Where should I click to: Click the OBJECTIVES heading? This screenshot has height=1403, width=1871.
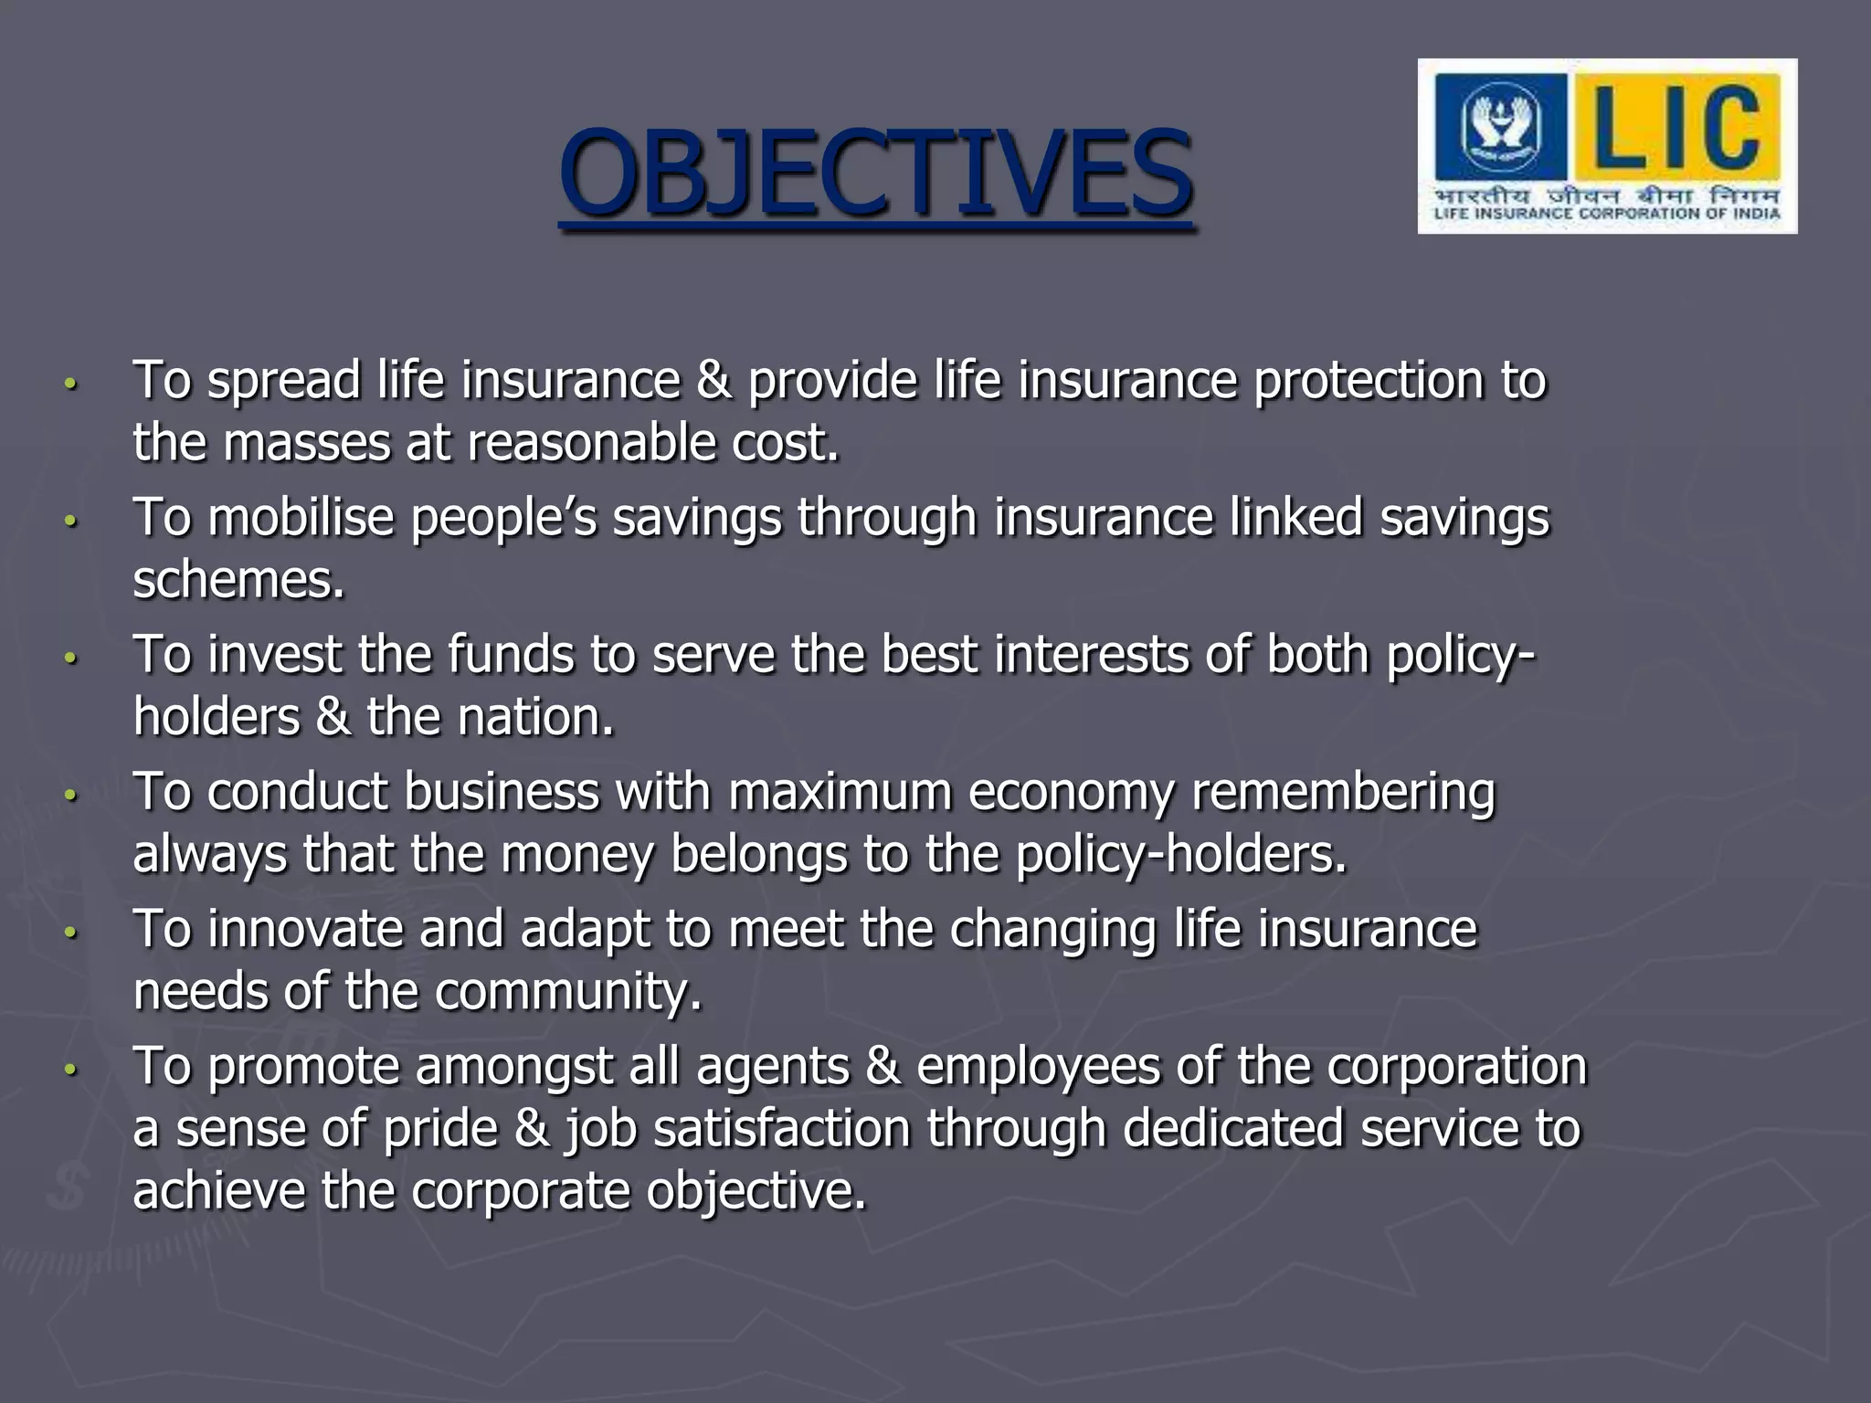[x=875, y=174]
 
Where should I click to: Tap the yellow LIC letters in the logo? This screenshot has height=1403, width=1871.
[x=1677, y=128]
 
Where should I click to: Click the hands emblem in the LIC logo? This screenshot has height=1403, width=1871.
[x=1501, y=128]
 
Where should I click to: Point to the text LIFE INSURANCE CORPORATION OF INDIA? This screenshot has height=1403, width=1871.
[x=1607, y=214]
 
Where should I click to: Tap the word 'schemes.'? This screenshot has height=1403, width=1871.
[x=239, y=580]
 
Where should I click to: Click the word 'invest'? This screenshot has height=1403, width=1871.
[x=274, y=655]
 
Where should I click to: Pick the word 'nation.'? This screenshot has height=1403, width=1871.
[x=535, y=717]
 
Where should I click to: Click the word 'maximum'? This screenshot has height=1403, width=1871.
[x=839, y=792]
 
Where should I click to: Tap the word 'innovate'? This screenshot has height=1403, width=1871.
[x=305, y=930]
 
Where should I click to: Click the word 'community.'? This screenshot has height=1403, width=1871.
[x=567, y=992]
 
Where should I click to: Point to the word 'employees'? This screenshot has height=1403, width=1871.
[x=1038, y=1067]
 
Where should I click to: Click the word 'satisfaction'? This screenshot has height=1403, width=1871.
[x=782, y=1129]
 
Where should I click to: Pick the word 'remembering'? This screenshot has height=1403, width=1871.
[x=1343, y=792]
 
